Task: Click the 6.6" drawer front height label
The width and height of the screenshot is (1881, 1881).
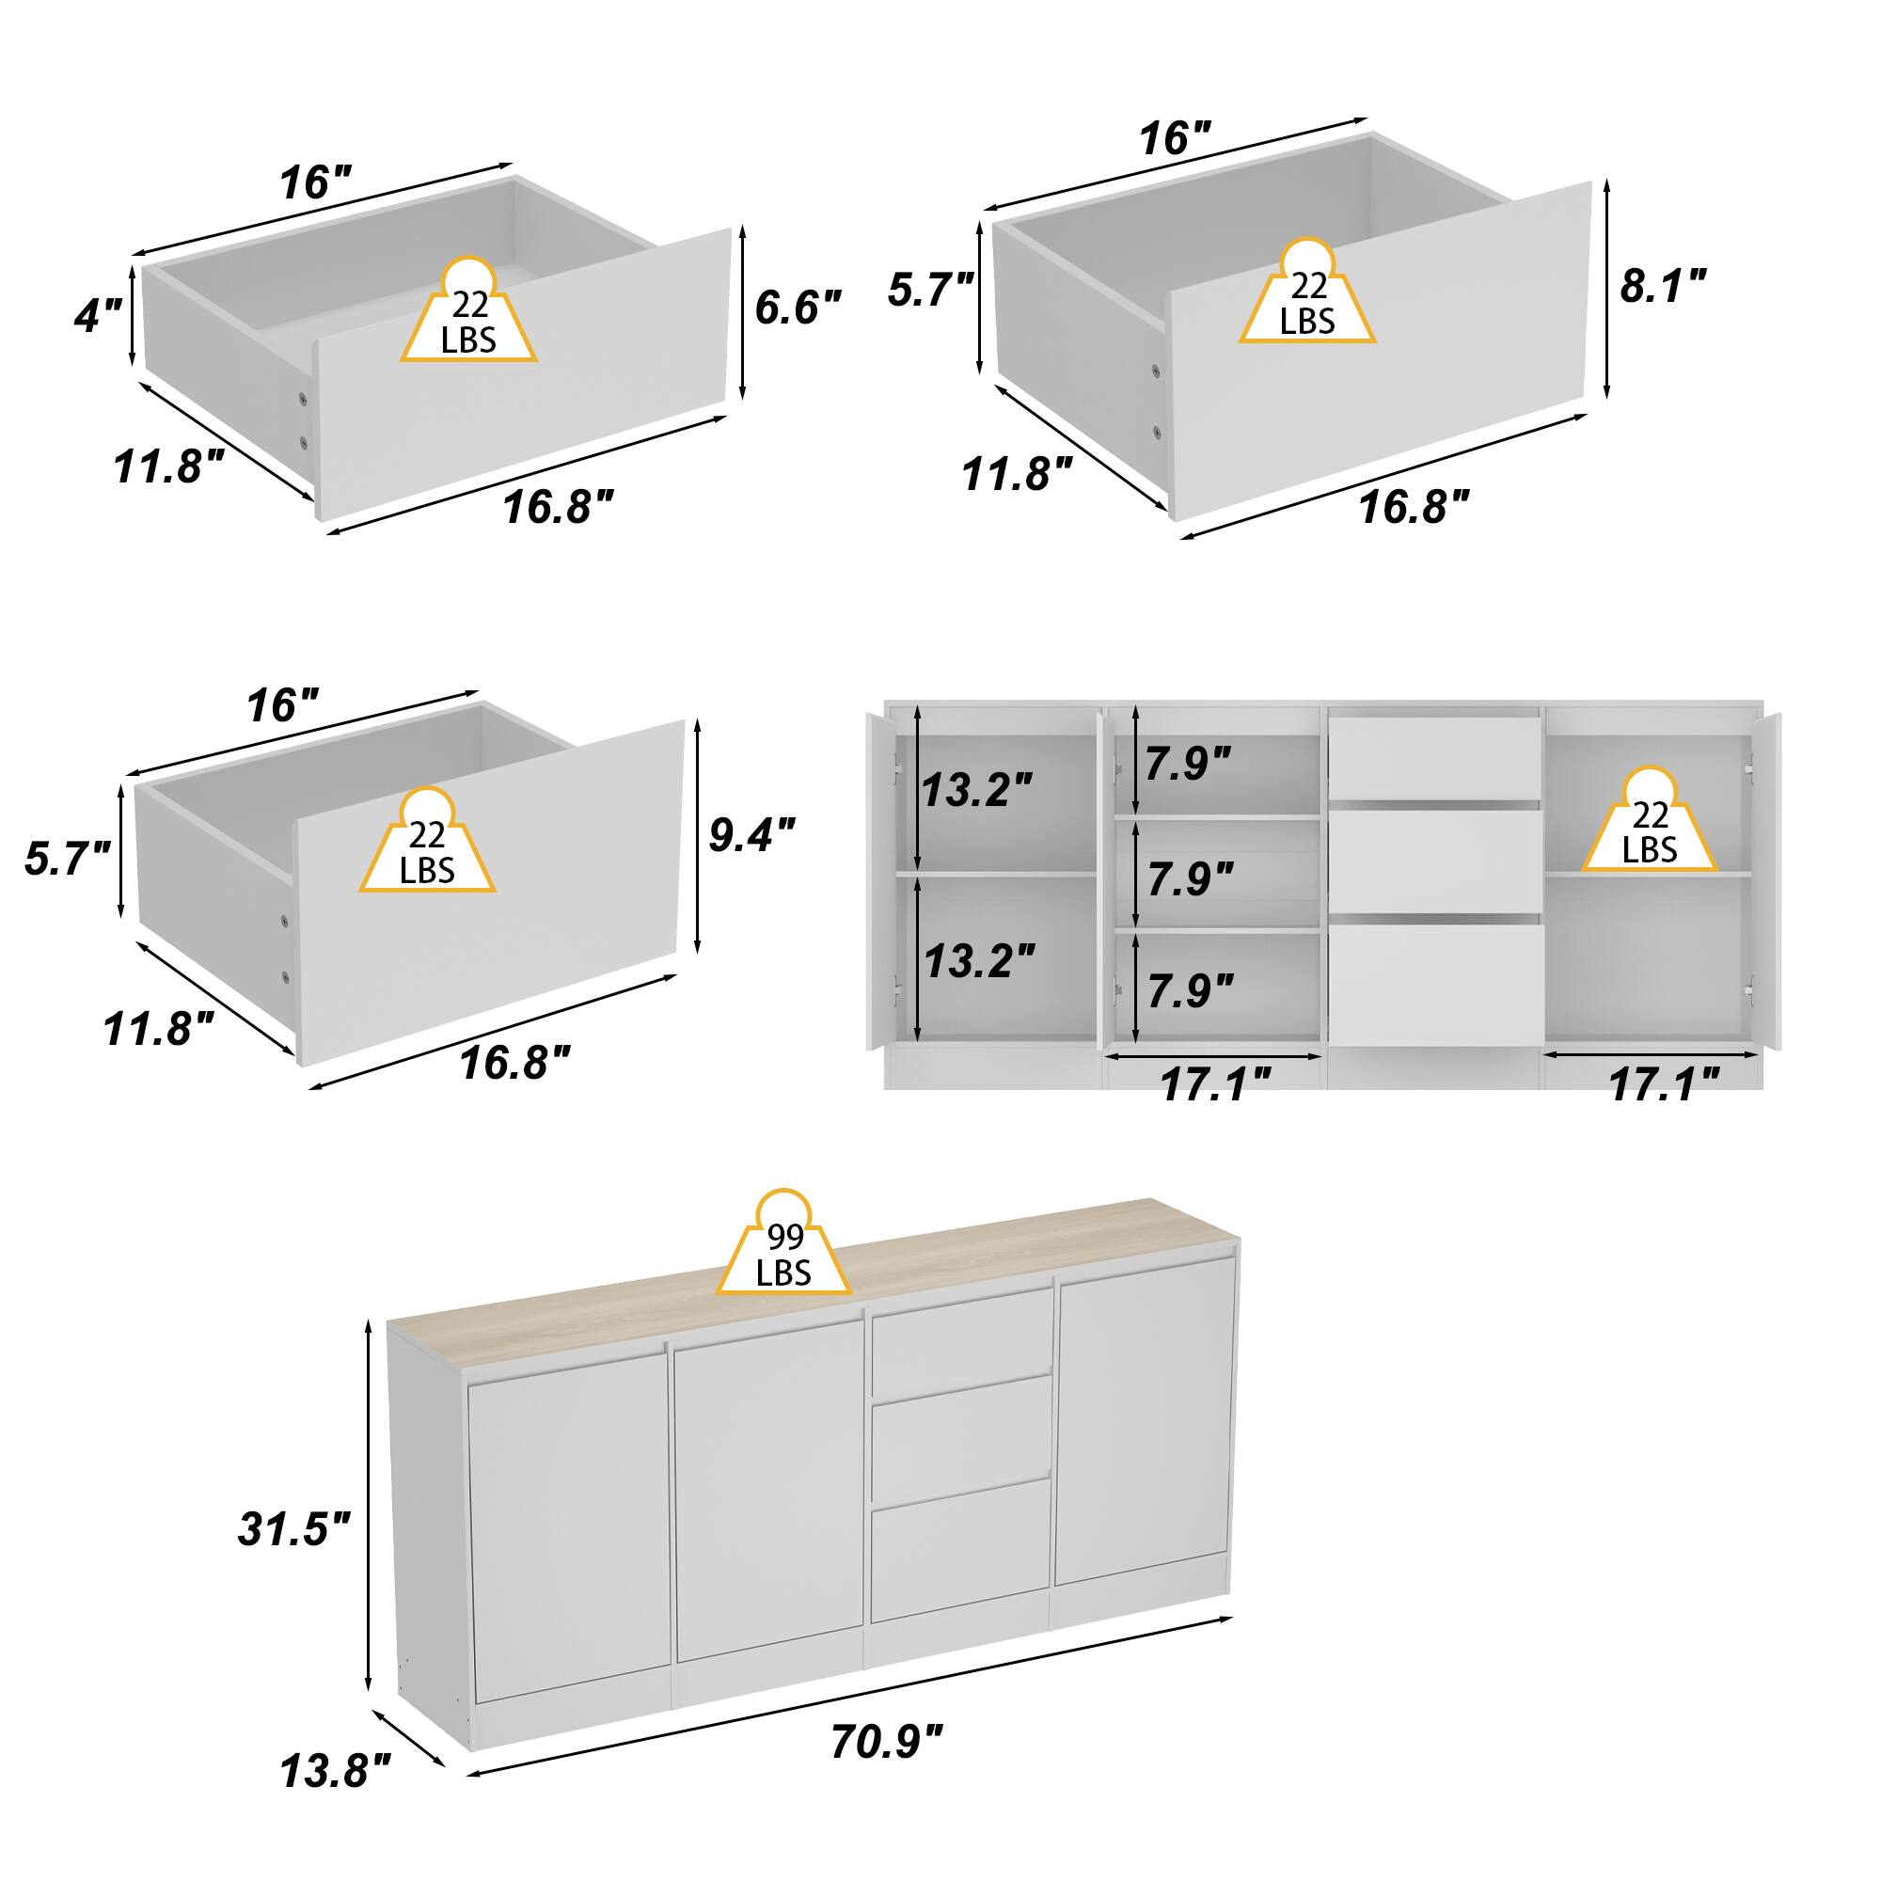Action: [x=798, y=308]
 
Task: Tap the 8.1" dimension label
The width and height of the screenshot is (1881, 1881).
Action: [x=1663, y=286]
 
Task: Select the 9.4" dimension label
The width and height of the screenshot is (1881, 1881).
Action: [x=751, y=834]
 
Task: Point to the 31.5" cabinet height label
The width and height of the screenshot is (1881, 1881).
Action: [x=294, y=1528]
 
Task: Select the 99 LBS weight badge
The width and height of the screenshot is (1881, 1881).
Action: [x=783, y=1243]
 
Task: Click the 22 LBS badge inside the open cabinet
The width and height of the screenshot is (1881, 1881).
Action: [x=1650, y=820]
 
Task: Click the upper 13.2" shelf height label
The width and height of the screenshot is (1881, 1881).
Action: [x=976, y=790]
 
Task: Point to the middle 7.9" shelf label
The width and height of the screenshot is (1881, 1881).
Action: [x=1190, y=879]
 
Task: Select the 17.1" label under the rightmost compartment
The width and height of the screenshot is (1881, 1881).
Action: [x=1664, y=1083]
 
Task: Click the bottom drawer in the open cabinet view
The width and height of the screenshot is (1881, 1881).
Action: [x=1435, y=985]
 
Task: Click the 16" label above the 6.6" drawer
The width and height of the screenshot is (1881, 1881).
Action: [x=315, y=183]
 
